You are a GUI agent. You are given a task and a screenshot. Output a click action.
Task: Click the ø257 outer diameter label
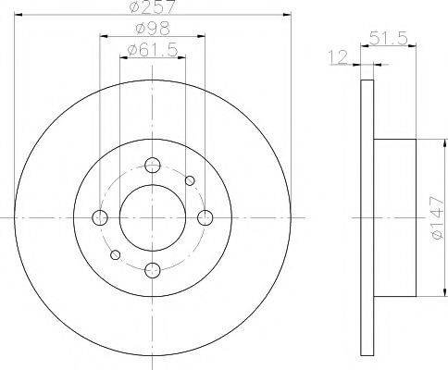(153, 8)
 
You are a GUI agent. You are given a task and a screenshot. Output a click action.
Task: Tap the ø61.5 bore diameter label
(153, 49)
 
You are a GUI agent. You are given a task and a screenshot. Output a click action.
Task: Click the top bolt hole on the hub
(153, 166)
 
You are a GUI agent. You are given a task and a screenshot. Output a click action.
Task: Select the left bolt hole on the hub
(100, 217)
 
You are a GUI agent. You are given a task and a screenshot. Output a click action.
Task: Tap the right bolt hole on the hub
(205, 217)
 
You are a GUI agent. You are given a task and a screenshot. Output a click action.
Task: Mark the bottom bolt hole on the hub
(153, 269)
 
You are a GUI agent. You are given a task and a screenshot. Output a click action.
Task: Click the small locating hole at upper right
(190, 180)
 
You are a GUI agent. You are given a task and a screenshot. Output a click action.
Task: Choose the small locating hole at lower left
(116, 254)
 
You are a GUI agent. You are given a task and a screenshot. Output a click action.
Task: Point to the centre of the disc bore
(153, 217)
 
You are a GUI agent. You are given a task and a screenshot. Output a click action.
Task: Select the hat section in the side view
(393, 217)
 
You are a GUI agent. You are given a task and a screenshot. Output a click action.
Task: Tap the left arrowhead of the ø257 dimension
(18, 18)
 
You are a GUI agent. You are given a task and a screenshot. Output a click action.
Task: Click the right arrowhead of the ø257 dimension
(287, 18)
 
